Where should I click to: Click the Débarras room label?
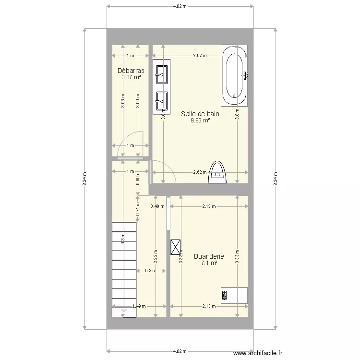[x=131, y=71]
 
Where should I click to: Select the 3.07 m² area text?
[x=131, y=77]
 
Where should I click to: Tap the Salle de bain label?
[x=200, y=114]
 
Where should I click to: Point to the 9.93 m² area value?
[x=200, y=120]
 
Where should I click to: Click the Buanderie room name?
[x=209, y=256]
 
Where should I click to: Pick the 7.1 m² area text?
[x=209, y=263]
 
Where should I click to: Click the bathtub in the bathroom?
[x=234, y=76]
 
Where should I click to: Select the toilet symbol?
[x=217, y=172]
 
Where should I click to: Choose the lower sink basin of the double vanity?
[x=161, y=100]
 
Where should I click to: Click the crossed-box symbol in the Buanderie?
[x=177, y=247]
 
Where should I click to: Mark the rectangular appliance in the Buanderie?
[x=234, y=295]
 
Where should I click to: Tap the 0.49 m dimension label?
[x=157, y=207]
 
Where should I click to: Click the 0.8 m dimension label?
[x=150, y=271]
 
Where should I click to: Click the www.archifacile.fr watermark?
[x=264, y=353]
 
